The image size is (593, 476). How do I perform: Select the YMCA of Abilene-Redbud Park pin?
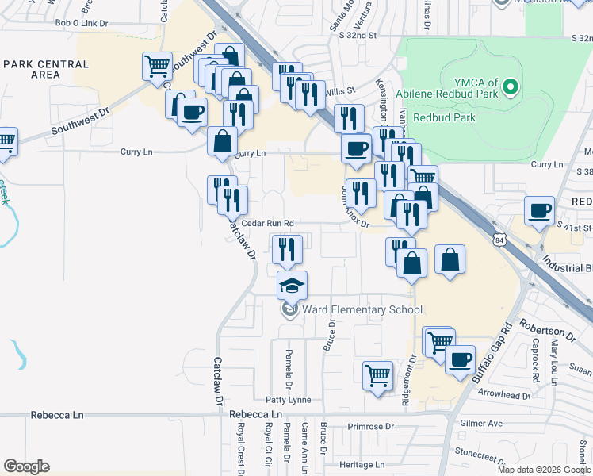tap(511, 86)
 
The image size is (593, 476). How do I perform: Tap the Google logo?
tap(26, 466)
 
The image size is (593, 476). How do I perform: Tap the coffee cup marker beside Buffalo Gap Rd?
tap(459, 360)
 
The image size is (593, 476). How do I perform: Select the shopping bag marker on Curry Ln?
tap(223, 142)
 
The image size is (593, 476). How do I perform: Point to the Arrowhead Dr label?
tap(505, 394)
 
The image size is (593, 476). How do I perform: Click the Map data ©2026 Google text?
tap(543, 470)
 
